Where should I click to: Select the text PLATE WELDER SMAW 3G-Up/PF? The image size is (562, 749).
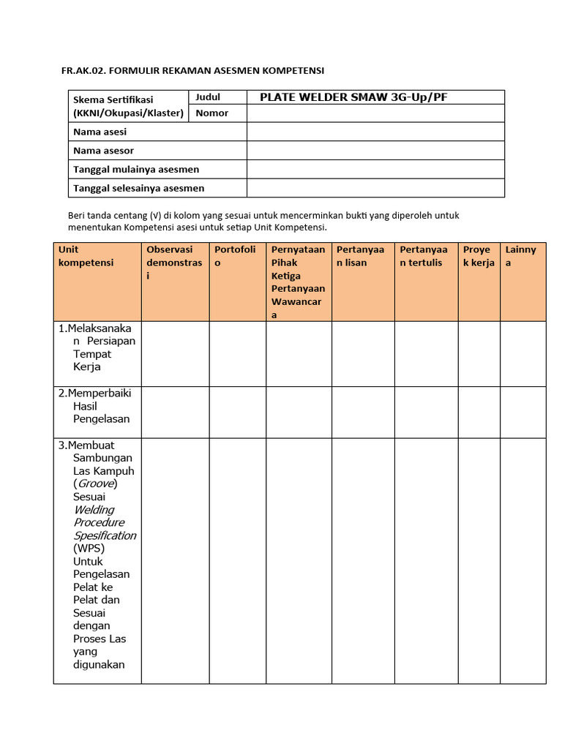click(x=353, y=97)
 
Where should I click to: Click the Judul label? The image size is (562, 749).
click(x=208, y=97)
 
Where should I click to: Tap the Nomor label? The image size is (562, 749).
click(x=211, y=113)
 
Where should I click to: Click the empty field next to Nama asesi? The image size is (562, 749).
click(x=375, y=132)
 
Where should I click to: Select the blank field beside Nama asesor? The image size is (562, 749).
click(x=375, y=151)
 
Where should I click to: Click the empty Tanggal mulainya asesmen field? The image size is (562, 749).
click(x=375, y=169)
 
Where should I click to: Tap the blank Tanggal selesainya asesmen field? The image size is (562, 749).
click(x=375, y=188)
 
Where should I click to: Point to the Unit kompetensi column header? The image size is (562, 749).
click(x=86, y=256)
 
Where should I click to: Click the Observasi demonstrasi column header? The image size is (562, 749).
click(x=174, y=263)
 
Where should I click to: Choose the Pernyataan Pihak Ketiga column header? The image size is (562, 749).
click(x=298, y=282)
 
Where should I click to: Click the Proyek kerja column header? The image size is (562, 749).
click(x=479, y=256)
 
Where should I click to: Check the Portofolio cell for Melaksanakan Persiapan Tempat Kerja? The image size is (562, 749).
click(x=238, y=354)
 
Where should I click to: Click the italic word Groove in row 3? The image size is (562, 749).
click(x=95, y=483)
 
